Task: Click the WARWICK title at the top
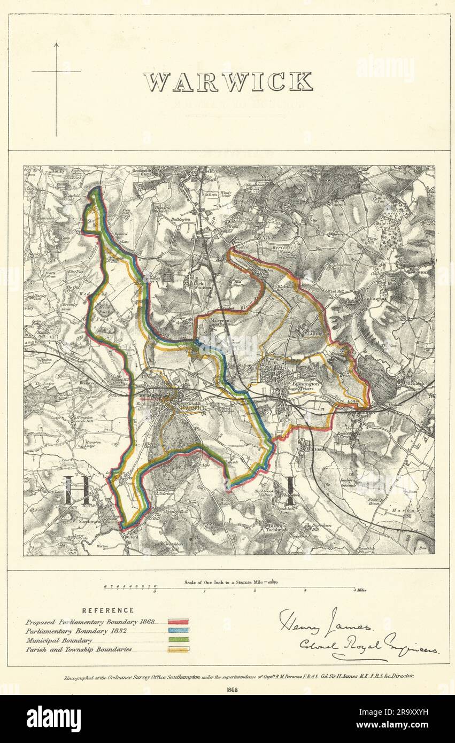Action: [x=228, y=82]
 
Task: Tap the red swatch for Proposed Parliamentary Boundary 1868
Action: [x=178, y=622]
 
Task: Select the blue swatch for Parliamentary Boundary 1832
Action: [x=178, y=631]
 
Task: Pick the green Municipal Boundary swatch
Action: [x=178, y=640]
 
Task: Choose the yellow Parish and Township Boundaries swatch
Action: [x=178, y=649]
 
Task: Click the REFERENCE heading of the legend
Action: [x=108, y=610]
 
